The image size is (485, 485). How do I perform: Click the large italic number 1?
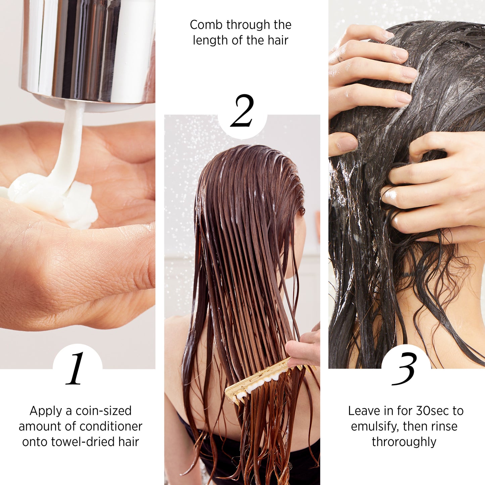pos(76,369)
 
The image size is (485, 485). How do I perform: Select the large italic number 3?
pos(405,369)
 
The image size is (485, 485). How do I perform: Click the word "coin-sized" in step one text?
pos(103,411)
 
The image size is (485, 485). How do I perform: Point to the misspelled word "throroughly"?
pos(404,442)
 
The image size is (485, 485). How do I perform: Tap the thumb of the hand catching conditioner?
pos(77,258)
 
